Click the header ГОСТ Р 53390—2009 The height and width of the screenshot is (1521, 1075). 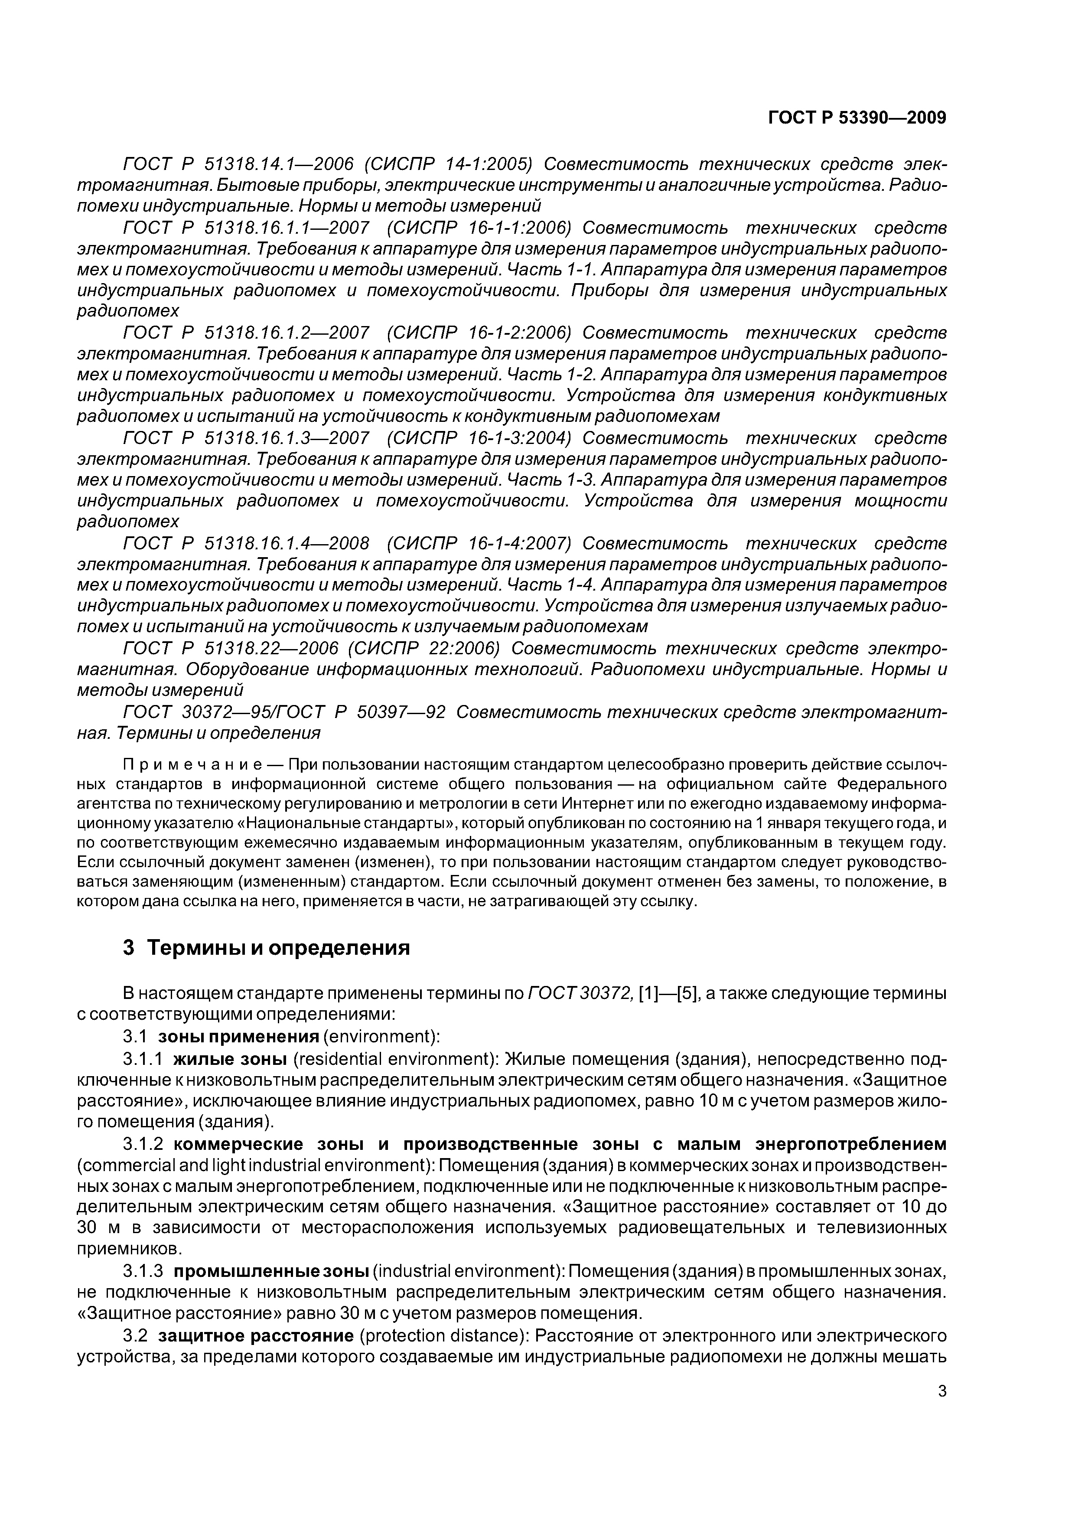[857, 118]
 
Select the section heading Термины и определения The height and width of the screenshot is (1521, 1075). [278, 948]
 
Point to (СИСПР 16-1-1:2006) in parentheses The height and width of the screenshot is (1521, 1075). [478, 228]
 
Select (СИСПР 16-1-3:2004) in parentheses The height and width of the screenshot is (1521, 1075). [478, 438]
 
